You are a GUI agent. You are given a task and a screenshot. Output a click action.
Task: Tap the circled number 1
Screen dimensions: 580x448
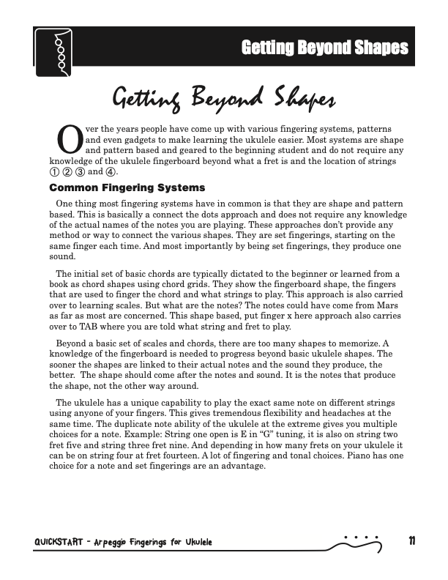click(x=53, y=171)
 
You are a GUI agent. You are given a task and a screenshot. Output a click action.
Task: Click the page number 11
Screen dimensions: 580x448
click(x=412, y=541)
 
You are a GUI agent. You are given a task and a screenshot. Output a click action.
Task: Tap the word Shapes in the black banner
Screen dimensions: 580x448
click(x=376, y=48)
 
